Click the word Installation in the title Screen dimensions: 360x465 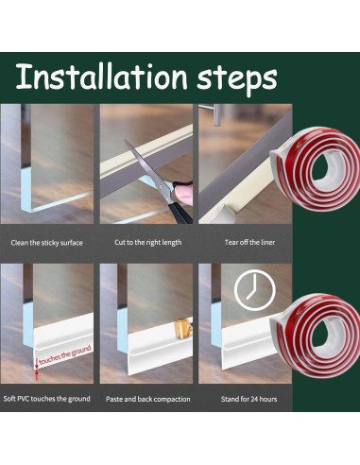(102, 77)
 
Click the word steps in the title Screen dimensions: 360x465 (237, 78)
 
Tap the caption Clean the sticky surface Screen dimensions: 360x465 (46, 243)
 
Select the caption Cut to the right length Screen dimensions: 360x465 (148, 242)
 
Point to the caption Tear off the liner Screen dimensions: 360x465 (249, 242)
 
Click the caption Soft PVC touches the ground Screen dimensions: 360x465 (46, 399)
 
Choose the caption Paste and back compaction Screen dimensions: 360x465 (148, 399)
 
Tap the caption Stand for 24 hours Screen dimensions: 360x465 (249, 399)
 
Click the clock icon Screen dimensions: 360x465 (255, 290)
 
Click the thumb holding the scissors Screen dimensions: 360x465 (183, 195)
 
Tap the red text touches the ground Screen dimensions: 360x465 (65, 355)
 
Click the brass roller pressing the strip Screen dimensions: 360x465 (183, 329)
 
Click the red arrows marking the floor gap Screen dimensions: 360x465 (37, 370)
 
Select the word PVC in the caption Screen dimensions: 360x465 (23, 399)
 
